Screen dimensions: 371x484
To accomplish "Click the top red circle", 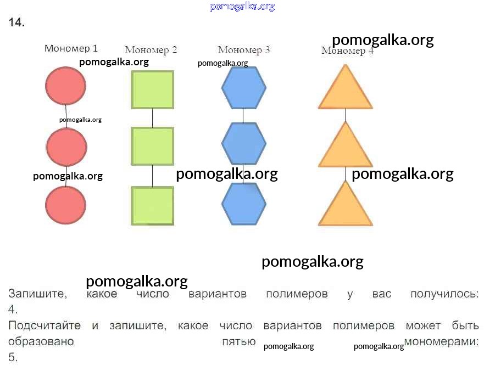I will (65, 86).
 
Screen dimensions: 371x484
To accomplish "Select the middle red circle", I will (66, 147).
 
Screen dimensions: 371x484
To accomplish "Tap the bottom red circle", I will (65, 205).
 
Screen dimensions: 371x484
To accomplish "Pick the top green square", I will (152, 89).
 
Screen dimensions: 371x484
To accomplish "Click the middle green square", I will (152, 146).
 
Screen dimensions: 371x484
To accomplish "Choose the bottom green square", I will (152, 205).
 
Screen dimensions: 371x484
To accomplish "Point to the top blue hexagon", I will (243, 88).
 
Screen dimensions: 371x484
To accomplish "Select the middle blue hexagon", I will (243, 144).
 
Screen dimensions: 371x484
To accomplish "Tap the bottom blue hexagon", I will (243, 204).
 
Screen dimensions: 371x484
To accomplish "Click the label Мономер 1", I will (71, 48).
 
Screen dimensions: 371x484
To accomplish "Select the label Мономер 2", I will (151, 50).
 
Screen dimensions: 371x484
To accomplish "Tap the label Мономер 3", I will (243, 50).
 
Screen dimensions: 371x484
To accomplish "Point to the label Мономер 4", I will (347, 51).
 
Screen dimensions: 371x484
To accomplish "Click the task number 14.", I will (16, 23).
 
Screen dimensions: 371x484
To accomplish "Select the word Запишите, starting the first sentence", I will (37, 294).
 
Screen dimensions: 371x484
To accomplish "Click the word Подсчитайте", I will (44, 325).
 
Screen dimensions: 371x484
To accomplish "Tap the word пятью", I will (238, 341).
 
